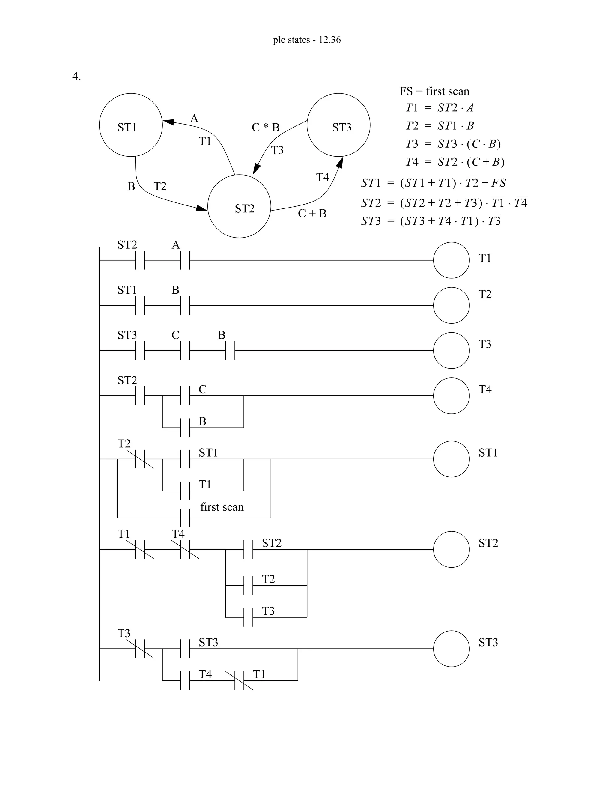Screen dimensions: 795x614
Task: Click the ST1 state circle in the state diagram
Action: tap(131, 125)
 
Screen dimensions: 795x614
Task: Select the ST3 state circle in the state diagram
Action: tap(338, 125)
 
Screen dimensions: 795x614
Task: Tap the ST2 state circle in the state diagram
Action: tap(239, 206)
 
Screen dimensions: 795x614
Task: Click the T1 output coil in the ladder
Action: tap(451, 260)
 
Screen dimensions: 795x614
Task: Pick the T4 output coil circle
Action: tap(451, 396)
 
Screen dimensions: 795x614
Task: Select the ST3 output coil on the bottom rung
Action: tap(451, 649)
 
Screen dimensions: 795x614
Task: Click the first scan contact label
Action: tap(222, 507)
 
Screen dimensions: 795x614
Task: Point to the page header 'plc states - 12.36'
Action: tap(307, 40)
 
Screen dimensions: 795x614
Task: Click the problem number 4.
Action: tap(76, 77)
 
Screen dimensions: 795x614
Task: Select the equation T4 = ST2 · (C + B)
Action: tap(455, 162)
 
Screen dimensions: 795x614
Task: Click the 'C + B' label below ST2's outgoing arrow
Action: tap(312, 214)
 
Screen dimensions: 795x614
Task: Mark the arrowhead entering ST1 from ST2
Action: tap(168, 121)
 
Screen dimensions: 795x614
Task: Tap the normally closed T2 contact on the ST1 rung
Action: tap(140, 459)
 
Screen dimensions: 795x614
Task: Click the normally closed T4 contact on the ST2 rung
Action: tap(185, 549)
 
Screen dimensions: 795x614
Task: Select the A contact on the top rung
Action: tap(185, 260)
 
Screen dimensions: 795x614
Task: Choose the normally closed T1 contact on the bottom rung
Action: tap(239, 680)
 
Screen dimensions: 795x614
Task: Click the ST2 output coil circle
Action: tap(451, 549)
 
